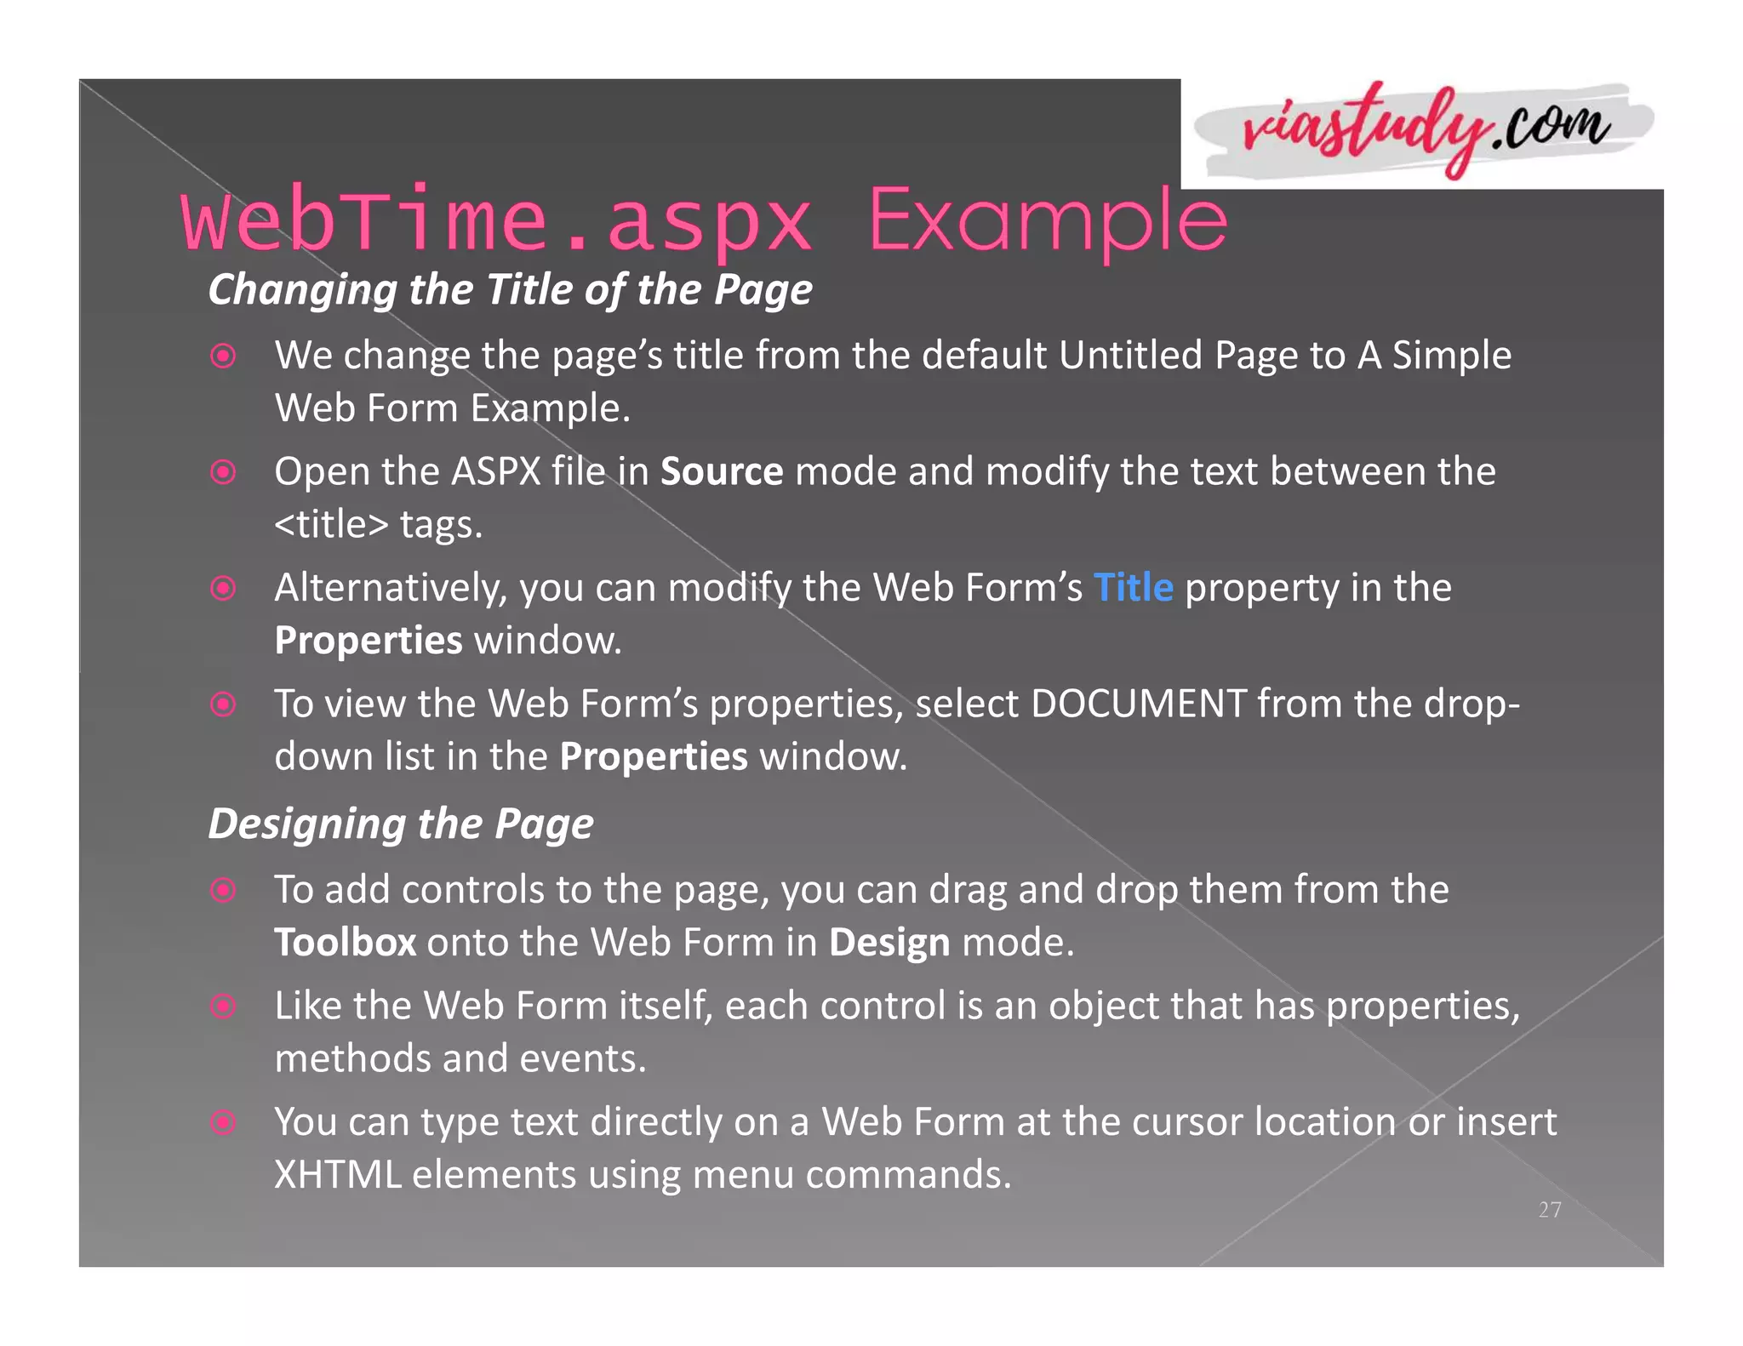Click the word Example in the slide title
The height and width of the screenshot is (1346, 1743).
coord(1047,220)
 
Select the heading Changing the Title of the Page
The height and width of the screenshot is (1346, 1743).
coord(510,289)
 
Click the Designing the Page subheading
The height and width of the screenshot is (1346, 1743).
coord(401,824)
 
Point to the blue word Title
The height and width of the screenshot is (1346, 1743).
coord(1133,588)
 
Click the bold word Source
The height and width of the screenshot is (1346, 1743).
coord(722,471)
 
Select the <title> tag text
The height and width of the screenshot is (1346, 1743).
coord(331,524)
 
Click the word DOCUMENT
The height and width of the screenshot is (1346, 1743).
coord(1139,704)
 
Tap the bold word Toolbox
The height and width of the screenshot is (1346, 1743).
coord(345,943)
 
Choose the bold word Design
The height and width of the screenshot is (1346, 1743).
coord(889,943)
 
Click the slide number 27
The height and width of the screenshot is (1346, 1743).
coord(1550,1209)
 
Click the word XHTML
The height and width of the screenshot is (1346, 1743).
coord(338,1175)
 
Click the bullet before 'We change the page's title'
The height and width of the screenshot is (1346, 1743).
coord(223,356)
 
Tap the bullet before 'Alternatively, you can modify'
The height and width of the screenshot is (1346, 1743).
coord(223,588)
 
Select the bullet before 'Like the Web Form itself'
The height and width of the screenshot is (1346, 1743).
coord(223,1007)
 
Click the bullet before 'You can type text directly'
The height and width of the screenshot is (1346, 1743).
coord(223,1122)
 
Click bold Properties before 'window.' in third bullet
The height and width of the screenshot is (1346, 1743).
coord(368,641)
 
